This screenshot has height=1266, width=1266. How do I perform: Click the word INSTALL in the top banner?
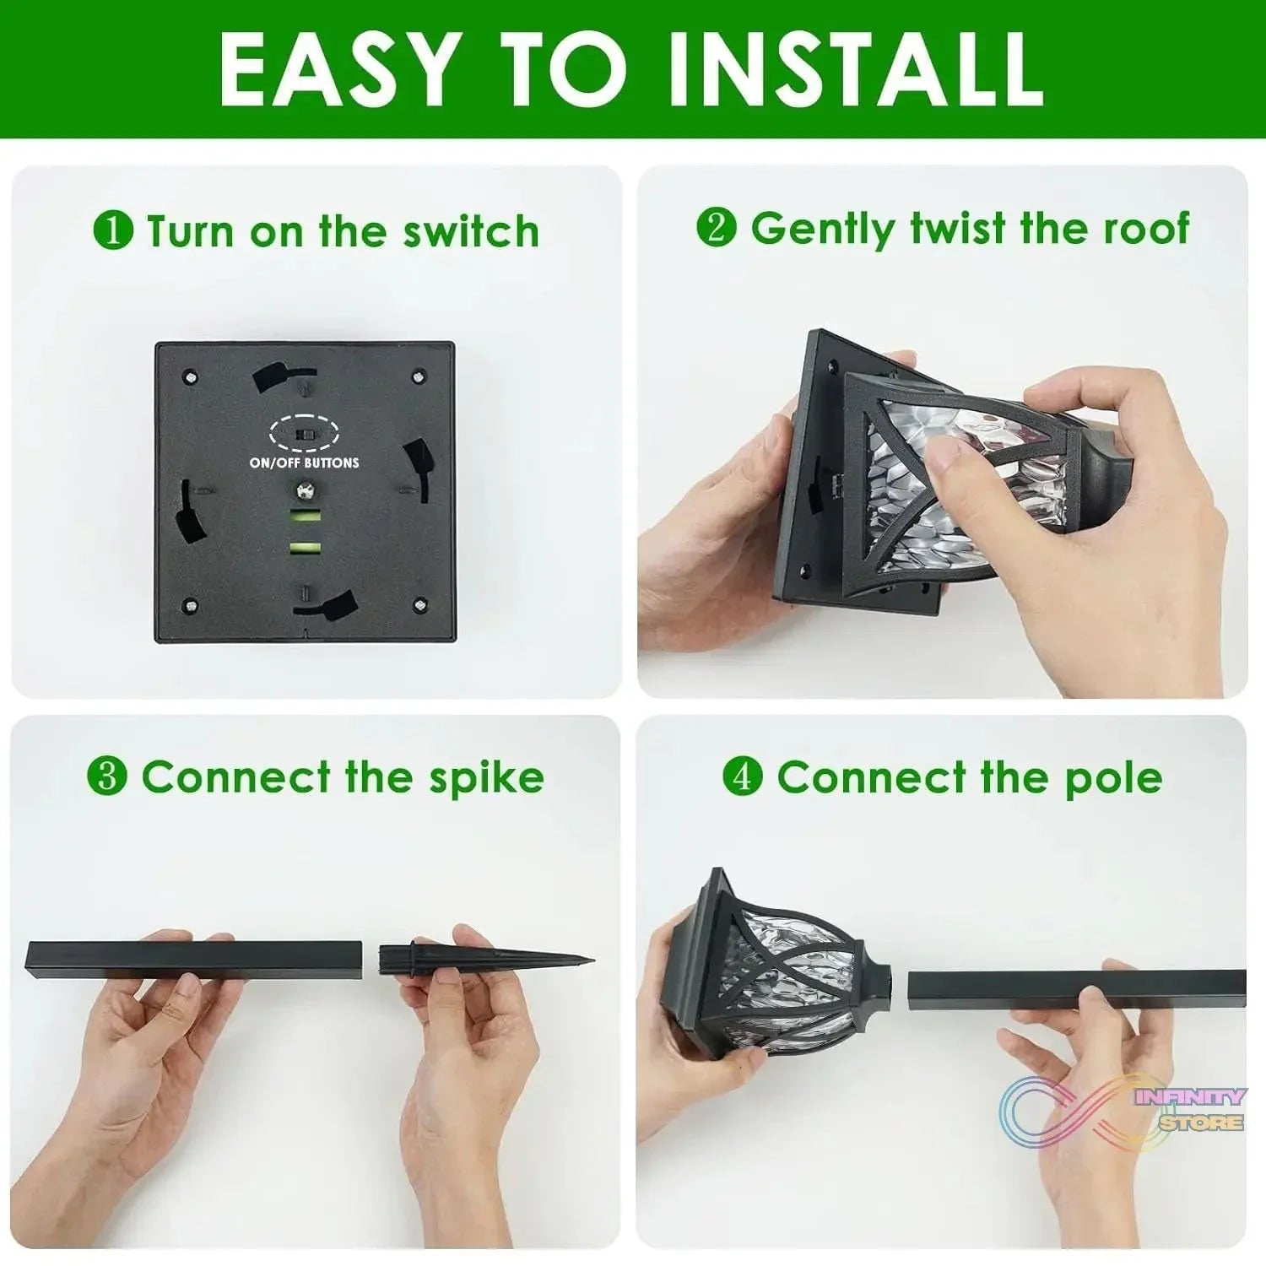pos(857,69)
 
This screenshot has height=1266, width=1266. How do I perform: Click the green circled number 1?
pos(113,230)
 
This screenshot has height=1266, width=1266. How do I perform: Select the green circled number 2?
pos(717,228)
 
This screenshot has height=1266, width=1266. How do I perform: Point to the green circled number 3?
pos(107,776)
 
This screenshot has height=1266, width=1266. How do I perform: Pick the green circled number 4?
pos(743,776)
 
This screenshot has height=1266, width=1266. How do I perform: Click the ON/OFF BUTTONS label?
pos(304,463)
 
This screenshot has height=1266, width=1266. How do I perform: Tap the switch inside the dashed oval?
pos(304,434)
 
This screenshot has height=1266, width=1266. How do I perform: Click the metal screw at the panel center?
pos(305,490)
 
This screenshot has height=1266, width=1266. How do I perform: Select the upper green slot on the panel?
pos(305,517)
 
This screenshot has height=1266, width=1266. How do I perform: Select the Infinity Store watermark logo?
pos(1123,1110)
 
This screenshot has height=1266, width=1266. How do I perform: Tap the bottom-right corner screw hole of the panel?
pos(419,604)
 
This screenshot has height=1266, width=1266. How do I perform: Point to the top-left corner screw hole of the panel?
pos(191,374)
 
